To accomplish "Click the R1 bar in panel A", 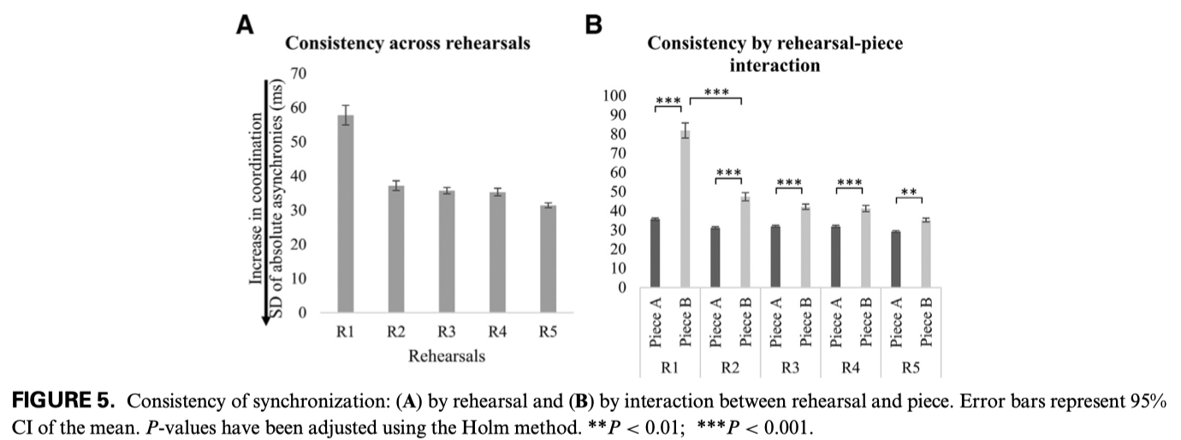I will click(x=345, y=214).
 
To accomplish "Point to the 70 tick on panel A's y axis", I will click(x=299, y=74).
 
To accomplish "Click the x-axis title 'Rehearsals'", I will click(x=447, y=356).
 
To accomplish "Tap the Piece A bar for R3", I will click(x=775, y=257).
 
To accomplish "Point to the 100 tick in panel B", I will click(x=615, y=96).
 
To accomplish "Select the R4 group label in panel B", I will click(x=850, y=367).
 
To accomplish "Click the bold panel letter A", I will click(x=245, y=27).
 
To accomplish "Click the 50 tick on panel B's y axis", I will click(x=619, y=192).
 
